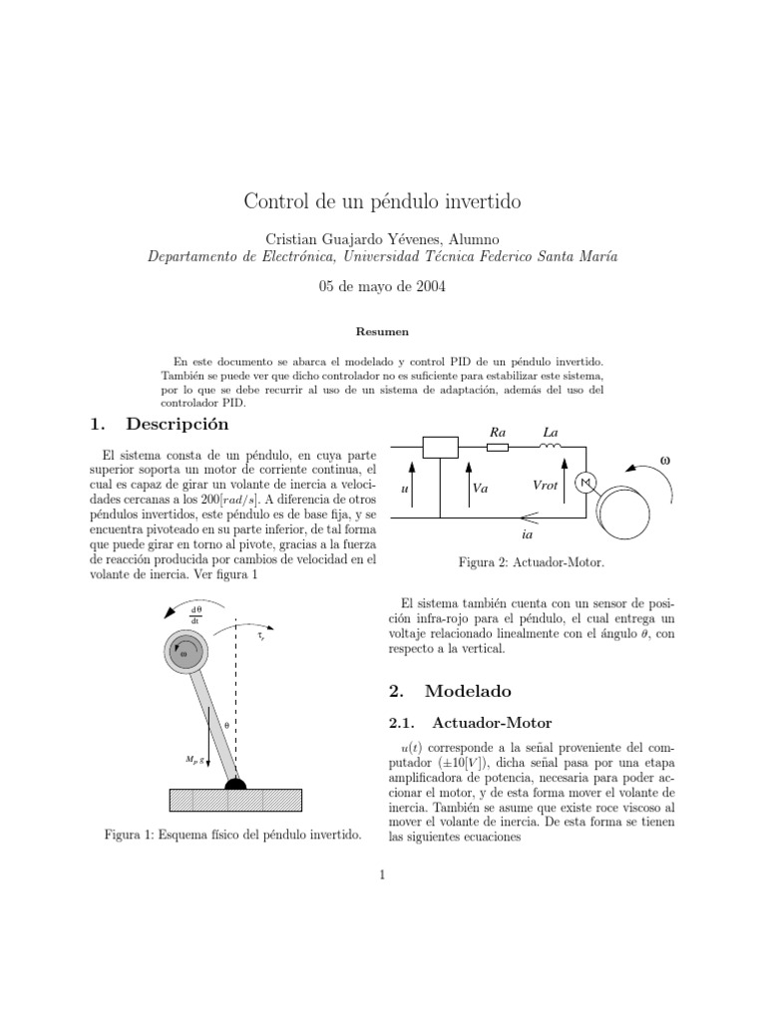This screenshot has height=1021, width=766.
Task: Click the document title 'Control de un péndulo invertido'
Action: [383, 201]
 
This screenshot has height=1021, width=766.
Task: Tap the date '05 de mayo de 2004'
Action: [383, 286]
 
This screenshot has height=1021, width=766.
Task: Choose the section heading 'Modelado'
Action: [467, 690]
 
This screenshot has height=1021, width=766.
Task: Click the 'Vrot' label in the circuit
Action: [547, 484]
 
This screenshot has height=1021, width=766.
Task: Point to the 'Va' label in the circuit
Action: [479, 490]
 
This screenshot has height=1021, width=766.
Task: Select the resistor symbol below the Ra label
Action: [497, 448]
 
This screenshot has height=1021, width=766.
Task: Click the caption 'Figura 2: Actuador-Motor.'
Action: [531, 563]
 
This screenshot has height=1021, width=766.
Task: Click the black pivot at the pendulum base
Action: [235, 784]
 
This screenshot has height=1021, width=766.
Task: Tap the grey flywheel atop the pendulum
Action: [185, 653]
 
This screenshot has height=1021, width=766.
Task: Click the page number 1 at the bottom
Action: [382, 876]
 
